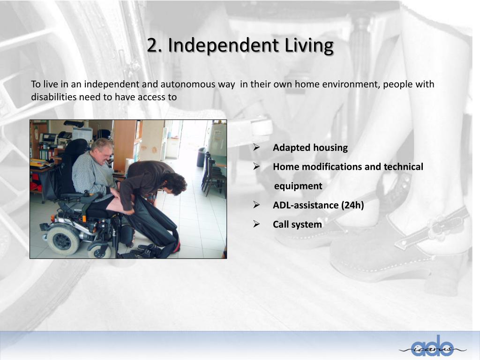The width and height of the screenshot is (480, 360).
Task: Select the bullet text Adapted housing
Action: point(310,148)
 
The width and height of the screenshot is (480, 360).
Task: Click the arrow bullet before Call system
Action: point(256,224)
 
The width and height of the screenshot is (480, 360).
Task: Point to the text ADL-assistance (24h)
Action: point(318,205)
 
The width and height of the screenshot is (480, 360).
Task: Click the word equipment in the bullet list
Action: point(298,186)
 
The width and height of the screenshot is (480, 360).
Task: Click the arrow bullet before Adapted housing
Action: point(256,148)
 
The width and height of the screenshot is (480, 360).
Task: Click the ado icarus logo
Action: point(432,347)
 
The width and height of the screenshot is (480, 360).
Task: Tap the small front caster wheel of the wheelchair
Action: point(99,249)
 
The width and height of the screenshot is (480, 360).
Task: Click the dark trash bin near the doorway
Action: point(201,157)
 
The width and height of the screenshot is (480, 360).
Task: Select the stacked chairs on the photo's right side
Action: point(214,175)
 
